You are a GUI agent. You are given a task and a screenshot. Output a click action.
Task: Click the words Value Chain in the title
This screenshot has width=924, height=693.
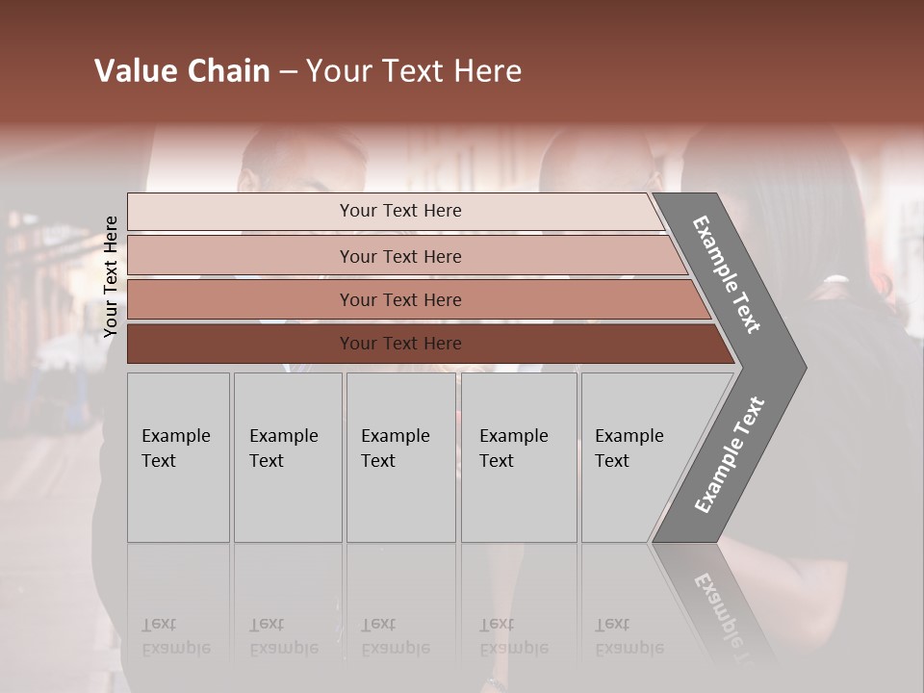182,71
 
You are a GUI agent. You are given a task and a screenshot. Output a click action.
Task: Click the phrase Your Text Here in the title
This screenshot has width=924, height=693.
414,71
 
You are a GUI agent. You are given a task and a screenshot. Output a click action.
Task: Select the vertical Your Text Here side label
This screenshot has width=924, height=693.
111,276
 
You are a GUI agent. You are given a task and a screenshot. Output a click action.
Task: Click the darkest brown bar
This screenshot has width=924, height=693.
241,344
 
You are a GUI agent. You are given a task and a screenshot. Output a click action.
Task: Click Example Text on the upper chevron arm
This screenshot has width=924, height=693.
727,274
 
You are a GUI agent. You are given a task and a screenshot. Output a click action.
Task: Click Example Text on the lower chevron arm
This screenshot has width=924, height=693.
730,455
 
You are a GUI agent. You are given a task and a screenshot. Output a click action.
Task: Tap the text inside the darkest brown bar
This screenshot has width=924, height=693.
400,344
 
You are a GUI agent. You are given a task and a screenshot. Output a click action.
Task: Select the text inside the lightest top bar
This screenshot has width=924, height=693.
400,211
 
